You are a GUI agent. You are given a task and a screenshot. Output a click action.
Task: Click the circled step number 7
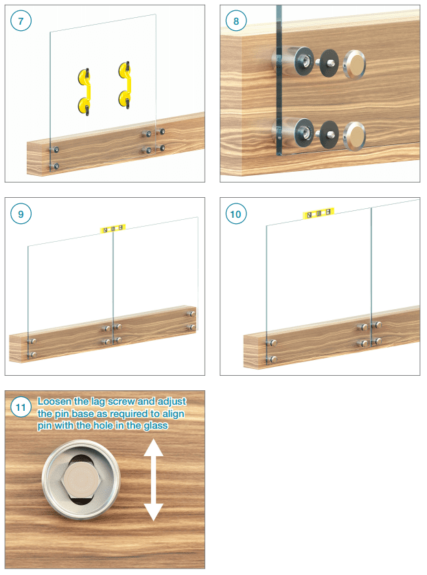(21, 21)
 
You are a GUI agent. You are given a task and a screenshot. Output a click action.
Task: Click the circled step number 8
(236, 21)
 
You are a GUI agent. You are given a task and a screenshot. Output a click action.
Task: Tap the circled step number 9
(21, 214)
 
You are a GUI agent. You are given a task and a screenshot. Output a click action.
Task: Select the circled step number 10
(236, 214)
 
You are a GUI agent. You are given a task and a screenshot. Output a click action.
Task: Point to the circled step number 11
(21, 407)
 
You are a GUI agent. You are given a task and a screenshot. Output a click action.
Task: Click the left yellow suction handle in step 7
(84, 91)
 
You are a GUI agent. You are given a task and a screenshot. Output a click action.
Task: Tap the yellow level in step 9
(113, 229)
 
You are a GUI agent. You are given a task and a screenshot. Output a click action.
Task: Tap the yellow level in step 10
(319, 214)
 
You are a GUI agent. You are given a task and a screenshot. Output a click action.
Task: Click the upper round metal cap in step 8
(354, 64)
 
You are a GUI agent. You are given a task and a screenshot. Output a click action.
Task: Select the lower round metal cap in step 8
(354, 136)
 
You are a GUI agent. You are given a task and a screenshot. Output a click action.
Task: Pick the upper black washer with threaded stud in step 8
(329, 63)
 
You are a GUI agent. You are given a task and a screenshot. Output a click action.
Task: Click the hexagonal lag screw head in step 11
(81, 480)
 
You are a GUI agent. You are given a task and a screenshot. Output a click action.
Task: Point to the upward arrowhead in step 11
(153, 448)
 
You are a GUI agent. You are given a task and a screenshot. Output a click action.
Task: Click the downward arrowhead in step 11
(153, 512)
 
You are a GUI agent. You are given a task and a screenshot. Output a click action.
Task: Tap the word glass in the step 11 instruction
(156, 426)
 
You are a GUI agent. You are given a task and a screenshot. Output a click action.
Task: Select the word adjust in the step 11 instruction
(172, 402)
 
